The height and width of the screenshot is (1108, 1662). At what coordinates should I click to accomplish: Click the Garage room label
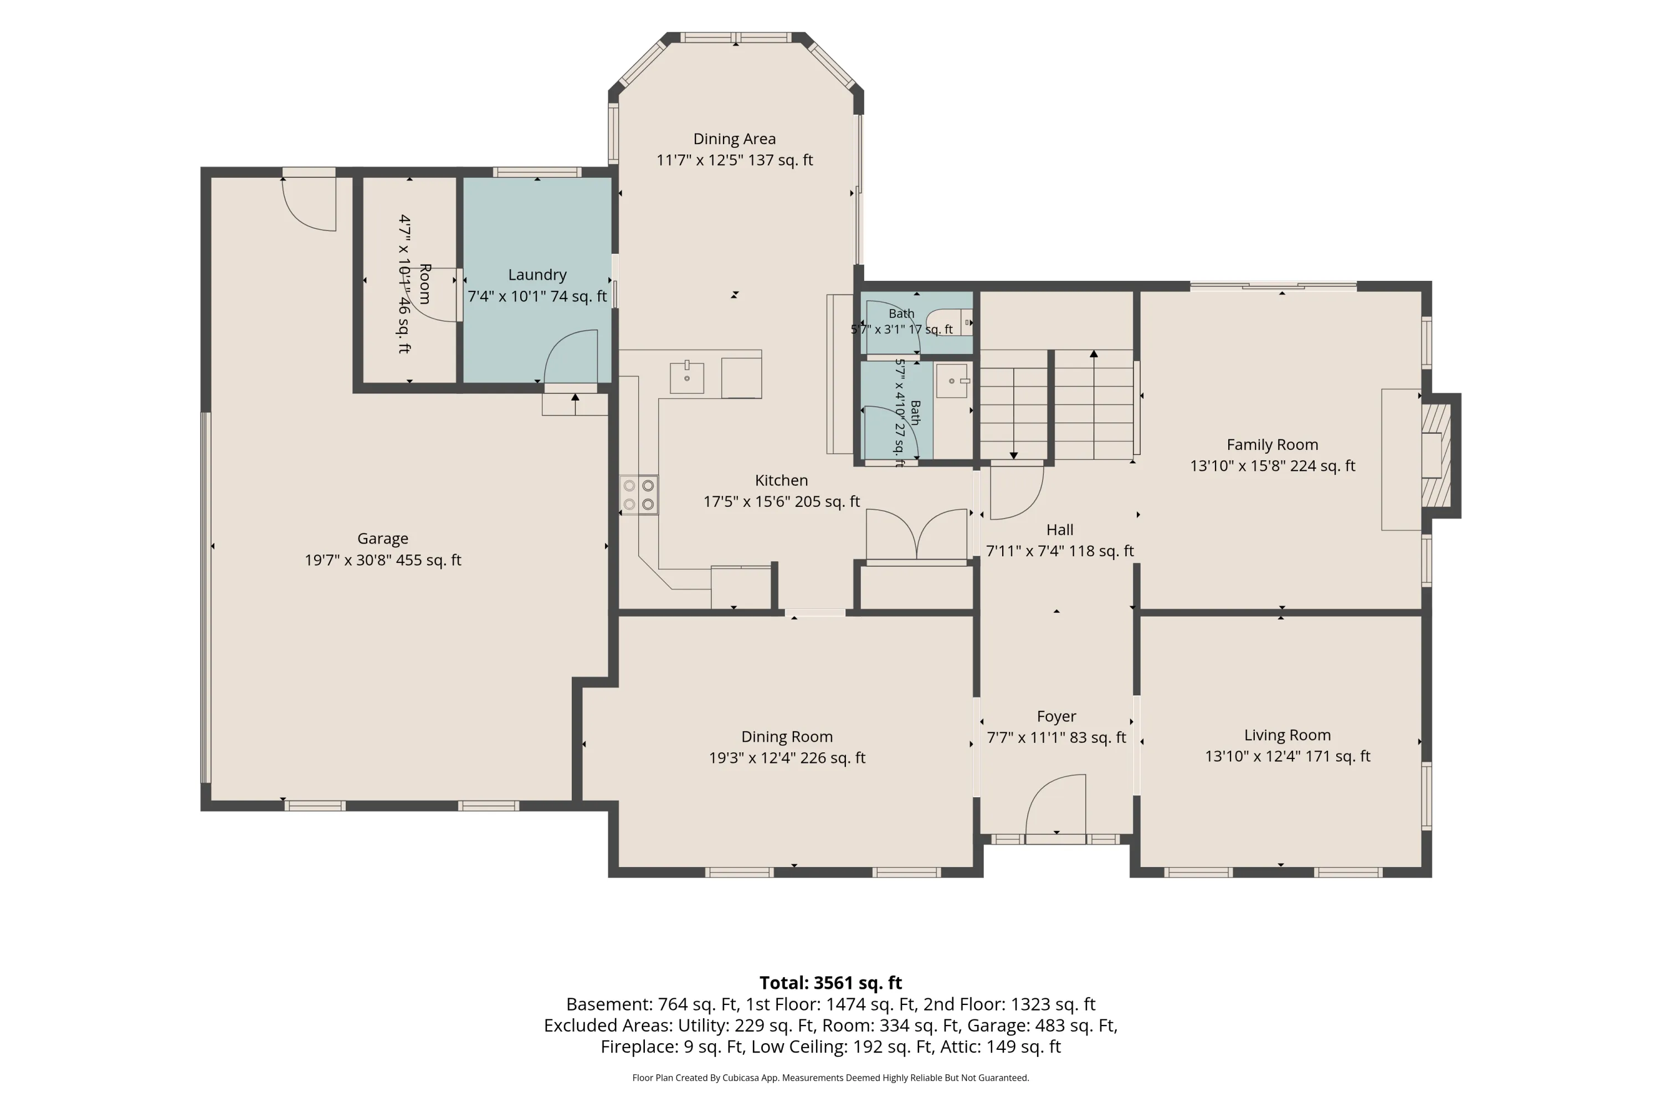[x=382, y=538]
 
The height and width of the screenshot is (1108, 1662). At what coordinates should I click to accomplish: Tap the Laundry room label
[x=537, y=275]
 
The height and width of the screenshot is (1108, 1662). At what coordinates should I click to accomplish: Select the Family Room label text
[x=1272, y=444]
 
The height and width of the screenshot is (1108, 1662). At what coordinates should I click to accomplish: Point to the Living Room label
[x=1287, y=735]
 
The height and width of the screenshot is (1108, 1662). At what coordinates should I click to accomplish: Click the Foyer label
[x=1056, y=716]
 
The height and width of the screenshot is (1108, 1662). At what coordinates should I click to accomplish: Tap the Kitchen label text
[x=781, y=480]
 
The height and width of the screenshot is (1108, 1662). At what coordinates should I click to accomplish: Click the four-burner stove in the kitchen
[x=639, y=495]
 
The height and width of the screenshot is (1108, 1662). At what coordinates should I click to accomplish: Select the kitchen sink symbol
[x=686, y=377]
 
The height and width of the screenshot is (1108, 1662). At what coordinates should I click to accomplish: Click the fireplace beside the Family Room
[x=1435, y=456]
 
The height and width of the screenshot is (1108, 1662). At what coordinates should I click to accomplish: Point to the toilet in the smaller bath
[x=949, y=322]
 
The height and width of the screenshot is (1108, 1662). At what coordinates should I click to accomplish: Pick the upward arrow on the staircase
[x=1094, y=405]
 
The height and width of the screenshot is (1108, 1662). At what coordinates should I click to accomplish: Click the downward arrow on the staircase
[x=1013, y=414]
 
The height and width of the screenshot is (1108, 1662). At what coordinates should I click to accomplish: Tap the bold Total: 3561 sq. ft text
[x=830, y=983]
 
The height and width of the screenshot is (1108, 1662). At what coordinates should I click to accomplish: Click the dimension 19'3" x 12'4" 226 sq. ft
[x=787, y=757]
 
